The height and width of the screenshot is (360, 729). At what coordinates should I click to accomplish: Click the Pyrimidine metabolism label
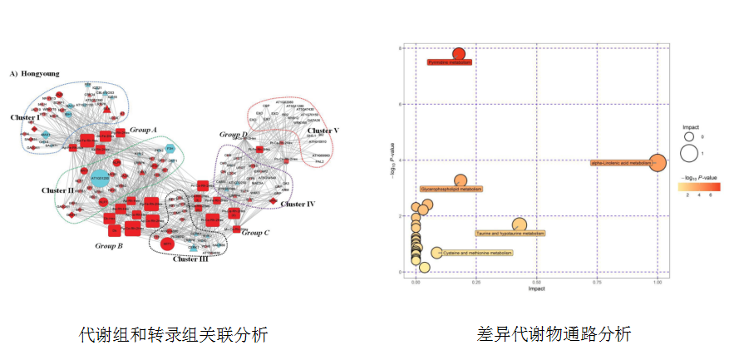click(x=449, y=62)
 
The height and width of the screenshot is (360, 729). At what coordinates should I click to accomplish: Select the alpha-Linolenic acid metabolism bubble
click(x=658, y=163)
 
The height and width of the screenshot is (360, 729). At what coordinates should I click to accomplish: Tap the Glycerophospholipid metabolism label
click(x=451, y=190)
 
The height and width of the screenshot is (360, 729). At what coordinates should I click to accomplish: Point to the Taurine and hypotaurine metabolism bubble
click(x=520, y=224)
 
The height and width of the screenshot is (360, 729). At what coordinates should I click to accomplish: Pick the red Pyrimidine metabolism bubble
click(x=458, y=54)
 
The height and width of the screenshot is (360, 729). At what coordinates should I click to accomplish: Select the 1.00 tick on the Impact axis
click(x=658, y=282)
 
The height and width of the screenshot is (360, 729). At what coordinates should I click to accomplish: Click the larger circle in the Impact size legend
click(x=688, y=153)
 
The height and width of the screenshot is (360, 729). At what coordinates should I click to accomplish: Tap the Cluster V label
click(x=323, y=131)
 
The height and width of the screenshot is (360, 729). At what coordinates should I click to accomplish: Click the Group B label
click(x=109, y=245)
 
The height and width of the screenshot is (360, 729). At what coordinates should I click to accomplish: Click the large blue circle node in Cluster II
click(x=99, y=177)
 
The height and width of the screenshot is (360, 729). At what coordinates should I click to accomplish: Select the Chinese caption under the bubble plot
click(x=542, y=334)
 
